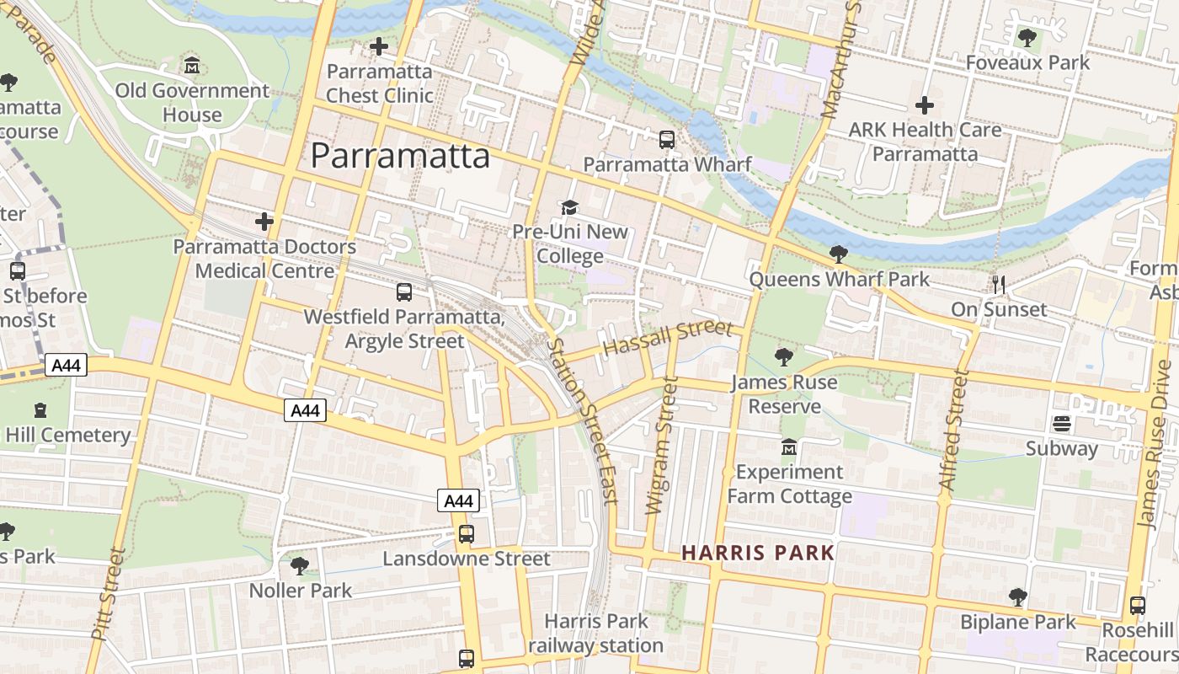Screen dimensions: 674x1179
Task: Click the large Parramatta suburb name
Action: point(400,156)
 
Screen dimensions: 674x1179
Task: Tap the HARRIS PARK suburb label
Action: point(758,553)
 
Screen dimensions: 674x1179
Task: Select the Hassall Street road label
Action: point(669,339)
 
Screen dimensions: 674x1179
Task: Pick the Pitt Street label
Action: point(106,593)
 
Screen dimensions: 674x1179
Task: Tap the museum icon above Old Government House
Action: point(192,65)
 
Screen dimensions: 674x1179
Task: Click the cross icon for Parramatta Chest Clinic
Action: point(379,46)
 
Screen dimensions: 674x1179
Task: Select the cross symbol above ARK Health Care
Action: point(925,105)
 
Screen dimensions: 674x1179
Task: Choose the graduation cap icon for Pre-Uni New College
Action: point(570,207)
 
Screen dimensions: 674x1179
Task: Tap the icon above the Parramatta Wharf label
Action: point(667,140)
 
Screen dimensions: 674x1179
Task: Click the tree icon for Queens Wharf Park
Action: point(838,254)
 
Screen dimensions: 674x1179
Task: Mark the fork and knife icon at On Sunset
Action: point(999,285)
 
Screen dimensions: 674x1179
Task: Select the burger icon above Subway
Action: point(1061,424)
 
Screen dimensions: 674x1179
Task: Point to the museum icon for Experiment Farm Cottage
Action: point(789,447)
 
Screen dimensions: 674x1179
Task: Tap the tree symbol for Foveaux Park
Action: point(1027,38)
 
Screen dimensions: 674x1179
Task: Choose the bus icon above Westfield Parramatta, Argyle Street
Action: point(404,292)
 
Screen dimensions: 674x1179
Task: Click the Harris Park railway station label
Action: point(596,634)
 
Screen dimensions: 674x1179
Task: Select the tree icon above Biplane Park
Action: point(1018,597)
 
